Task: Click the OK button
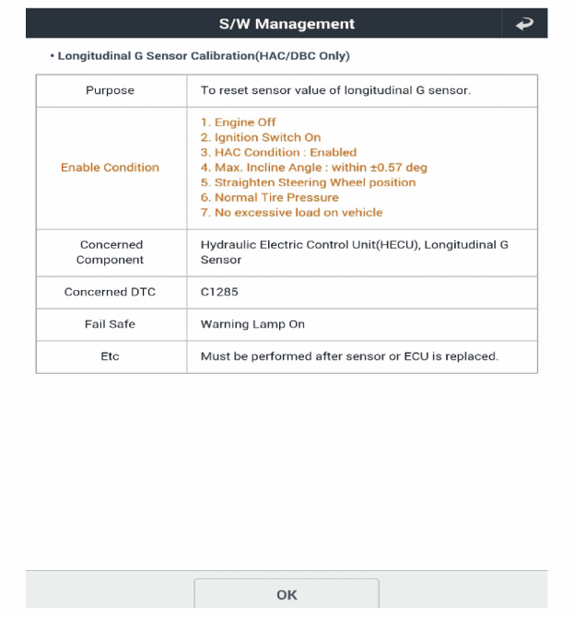click(287, 595)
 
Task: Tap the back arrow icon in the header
click(524, 24)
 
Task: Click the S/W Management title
click(287, 24)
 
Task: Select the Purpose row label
click(110, 90)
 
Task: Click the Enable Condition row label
click(110, 168)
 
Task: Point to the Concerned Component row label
click(110, 252)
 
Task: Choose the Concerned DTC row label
click(110, 292)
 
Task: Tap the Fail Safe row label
click(110, 324)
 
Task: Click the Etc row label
click(110, 356)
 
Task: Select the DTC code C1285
click(219, 292)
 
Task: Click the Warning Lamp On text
click(252, 324)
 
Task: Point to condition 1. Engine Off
click(238, 122)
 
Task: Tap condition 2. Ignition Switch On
click(261, 137)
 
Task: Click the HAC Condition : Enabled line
click(278, 152)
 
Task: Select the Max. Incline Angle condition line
click(313, 168)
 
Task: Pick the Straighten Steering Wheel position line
click(308, 182)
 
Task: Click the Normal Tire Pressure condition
click(264, 197)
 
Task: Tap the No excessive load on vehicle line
click(291, 213)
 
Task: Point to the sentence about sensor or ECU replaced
click(349, 356)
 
